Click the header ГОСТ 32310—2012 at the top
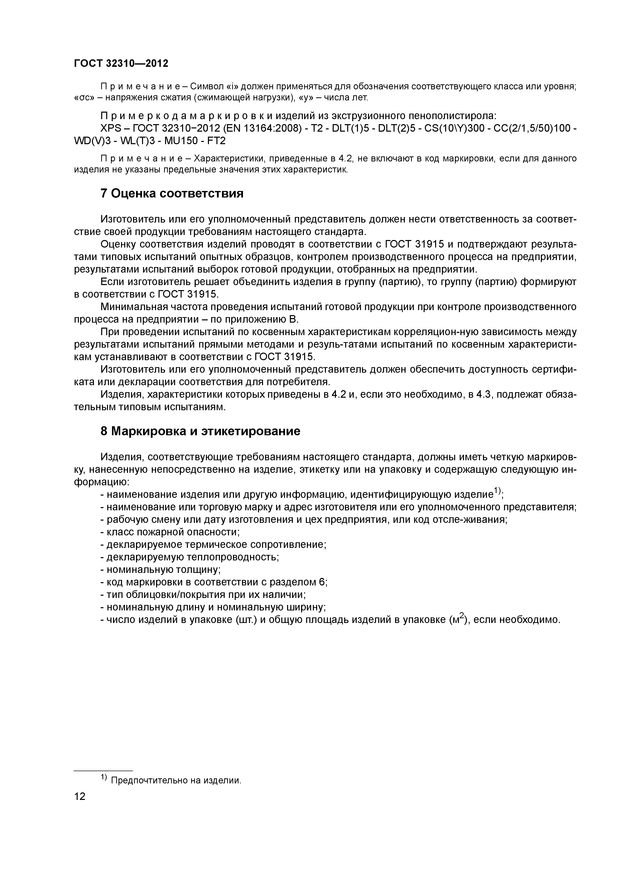(x=121, y=64)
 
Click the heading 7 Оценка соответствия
(x=172, y=194)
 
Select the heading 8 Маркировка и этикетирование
(x=200, y=431)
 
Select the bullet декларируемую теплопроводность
(x=190, y=557)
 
